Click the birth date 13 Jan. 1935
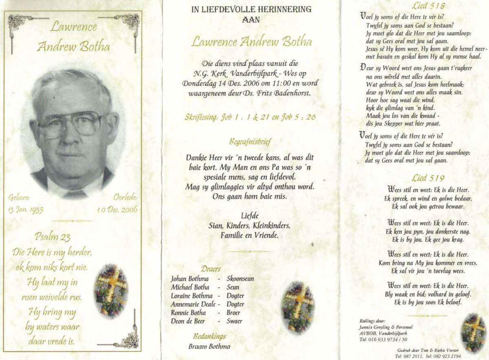25,210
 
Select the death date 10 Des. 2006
117,210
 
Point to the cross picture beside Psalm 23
111,290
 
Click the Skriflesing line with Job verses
250,117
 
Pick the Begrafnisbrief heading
250,142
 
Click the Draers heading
211,269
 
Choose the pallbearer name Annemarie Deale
193,304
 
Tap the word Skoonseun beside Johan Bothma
240,279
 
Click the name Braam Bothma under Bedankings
209,347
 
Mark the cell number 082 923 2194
445,356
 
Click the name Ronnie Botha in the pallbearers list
188,313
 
